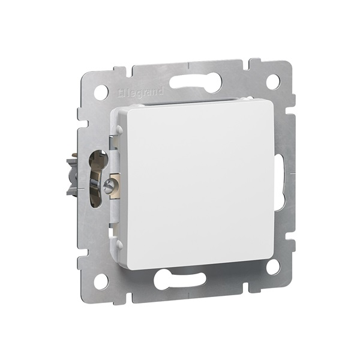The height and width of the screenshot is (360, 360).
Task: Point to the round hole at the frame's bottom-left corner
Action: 101,280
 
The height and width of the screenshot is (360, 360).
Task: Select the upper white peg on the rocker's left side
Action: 120,129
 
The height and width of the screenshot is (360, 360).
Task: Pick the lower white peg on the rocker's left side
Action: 120,243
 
